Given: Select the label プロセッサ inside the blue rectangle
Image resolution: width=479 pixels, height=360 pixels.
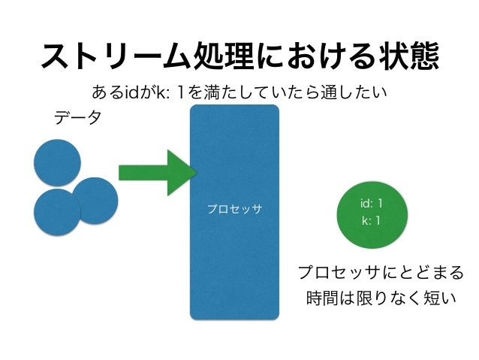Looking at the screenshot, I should coord(234,208).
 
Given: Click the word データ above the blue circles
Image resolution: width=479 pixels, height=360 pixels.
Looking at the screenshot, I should coord(77,118).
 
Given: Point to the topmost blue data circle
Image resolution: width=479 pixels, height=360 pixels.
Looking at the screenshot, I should coord(57,162).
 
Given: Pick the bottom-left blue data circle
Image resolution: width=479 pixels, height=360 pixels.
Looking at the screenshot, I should coord(57,211).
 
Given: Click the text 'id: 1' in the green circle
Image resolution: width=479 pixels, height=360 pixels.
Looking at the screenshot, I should coord(371,204).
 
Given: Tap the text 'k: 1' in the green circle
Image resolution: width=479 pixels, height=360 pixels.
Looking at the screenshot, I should coord(371,221).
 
